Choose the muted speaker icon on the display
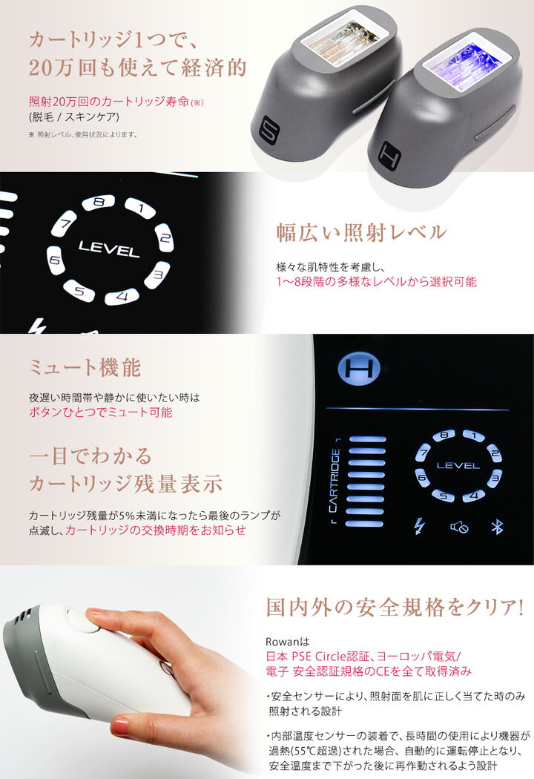(x=459, y=527)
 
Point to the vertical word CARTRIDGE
(x=336, y=481)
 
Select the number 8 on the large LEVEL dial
(x=99, y=203)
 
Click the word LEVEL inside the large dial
(x=108, y=249)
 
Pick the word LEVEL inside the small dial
(x=458, y=466)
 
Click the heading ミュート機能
(x=84, y=367)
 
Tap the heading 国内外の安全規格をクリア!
(x=395, y=608)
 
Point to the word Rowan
(x=281, y=640)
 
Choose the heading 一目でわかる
(x=90, y=454)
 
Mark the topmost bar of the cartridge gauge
(x=368, y=440)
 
